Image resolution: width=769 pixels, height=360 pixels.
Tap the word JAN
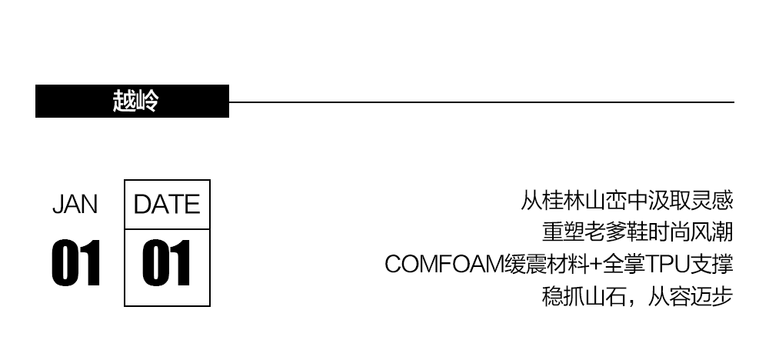click(75, 205)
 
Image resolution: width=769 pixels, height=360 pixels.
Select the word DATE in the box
click(167, 205)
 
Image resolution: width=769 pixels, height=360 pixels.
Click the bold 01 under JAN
click(76, 264)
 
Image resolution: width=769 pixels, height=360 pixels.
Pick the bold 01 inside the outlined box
click(167, 264)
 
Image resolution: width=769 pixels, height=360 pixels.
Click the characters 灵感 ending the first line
click(711, 202)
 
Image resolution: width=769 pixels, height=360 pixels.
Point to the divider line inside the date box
click(167, 229)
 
